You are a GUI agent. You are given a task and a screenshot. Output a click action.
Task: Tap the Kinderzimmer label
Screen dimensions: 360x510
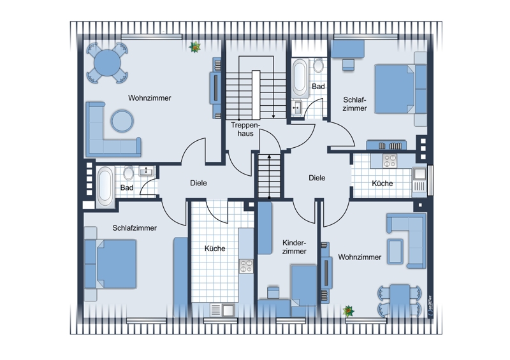(x=294, y=247)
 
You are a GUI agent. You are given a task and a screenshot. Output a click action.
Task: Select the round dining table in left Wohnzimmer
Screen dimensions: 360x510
(x=106, y=62)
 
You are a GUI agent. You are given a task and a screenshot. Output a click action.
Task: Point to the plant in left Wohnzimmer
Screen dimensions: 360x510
(x=195, y=47)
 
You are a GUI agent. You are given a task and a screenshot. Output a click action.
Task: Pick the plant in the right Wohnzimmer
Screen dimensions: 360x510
(x=349, y=310)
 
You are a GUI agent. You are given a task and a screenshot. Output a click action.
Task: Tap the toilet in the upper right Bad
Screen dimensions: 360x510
(x=318, y=66)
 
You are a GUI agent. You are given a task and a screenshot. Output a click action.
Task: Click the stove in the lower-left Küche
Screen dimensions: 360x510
(x=246, y=265)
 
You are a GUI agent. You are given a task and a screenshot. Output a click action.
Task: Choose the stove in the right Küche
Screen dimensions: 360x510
(x=390, y=161)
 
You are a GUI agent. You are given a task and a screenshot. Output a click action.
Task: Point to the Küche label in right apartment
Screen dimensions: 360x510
(x=382, y=183)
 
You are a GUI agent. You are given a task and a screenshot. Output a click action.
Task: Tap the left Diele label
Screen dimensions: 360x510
(x=198, y=183)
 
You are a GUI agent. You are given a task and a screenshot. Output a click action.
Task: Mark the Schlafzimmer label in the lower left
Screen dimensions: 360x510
(x=135, y=227)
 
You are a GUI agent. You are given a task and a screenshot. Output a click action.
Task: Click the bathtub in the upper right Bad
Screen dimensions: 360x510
(x=300, y=76)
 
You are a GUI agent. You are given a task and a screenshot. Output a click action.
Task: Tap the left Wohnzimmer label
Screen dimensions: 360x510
(x=150, y=98)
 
